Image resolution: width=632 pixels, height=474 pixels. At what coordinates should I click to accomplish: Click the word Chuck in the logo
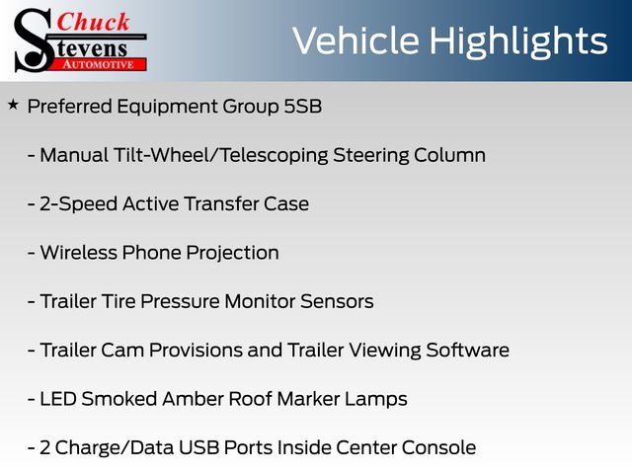tap(93, 22)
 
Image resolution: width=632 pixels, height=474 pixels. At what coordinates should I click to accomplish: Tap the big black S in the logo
tap(34, 40)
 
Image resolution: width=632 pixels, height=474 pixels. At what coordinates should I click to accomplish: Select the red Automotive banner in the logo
tap(99, 64)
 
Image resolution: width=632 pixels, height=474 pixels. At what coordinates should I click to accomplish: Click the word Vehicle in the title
tap(355, 40)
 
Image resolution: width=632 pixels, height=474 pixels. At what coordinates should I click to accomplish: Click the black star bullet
tap(13, 106)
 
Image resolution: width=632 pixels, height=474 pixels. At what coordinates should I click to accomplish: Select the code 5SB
tap(303, 107)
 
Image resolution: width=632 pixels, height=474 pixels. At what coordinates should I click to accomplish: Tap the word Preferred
tap(70, 107)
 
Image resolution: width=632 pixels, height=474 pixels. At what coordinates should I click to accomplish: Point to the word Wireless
tap(79, 253)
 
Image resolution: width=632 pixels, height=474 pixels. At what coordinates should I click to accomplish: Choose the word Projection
tap(232, 254)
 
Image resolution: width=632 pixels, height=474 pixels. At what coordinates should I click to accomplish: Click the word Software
tap(467, 350)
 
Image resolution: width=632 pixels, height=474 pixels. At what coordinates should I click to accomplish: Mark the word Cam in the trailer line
tap(122, 351)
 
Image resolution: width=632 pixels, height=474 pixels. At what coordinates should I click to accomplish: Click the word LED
tap(58, 399)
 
